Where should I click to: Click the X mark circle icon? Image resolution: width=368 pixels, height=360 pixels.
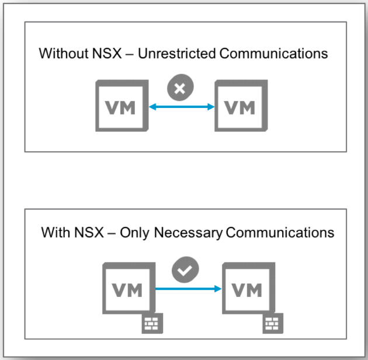(x=180, y=88)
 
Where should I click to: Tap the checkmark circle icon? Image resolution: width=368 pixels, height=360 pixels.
(x=185, y=270)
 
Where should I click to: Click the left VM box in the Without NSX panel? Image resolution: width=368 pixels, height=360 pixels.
(x=122, y=106)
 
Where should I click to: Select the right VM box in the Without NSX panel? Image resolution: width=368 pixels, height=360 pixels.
(x=241, y=106)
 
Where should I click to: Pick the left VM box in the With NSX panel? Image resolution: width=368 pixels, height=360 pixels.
(x=129, y=288)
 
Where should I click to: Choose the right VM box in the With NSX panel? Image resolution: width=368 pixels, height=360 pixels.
(x=248, y=288)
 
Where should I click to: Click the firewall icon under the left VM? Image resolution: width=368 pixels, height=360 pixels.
(x=152, y=323)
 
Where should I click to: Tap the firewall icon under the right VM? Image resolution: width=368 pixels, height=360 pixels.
(x=273, y=323)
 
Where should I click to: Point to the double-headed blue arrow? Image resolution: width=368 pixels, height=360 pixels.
(x=182, y=107)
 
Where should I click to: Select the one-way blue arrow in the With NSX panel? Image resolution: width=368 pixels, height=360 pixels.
(x=189, y=288)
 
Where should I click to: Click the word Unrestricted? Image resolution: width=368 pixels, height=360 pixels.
(x=177, y=54)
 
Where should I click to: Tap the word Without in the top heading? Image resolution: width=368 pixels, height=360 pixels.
(x=64, y=54)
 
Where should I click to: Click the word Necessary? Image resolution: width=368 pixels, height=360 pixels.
(x=188, y=233)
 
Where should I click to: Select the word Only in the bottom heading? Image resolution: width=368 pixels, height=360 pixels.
(x=134, y=233)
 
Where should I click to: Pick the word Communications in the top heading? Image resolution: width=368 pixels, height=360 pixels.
(x=273, y=54)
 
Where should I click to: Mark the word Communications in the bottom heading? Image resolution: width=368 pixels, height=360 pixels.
(x=280, y=232)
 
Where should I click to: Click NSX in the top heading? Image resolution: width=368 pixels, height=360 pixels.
(x=107, y=54)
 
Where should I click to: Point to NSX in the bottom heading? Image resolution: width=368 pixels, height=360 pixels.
(x=89, y=232)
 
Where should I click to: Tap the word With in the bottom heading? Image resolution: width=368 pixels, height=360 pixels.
(x=56, y=232)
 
